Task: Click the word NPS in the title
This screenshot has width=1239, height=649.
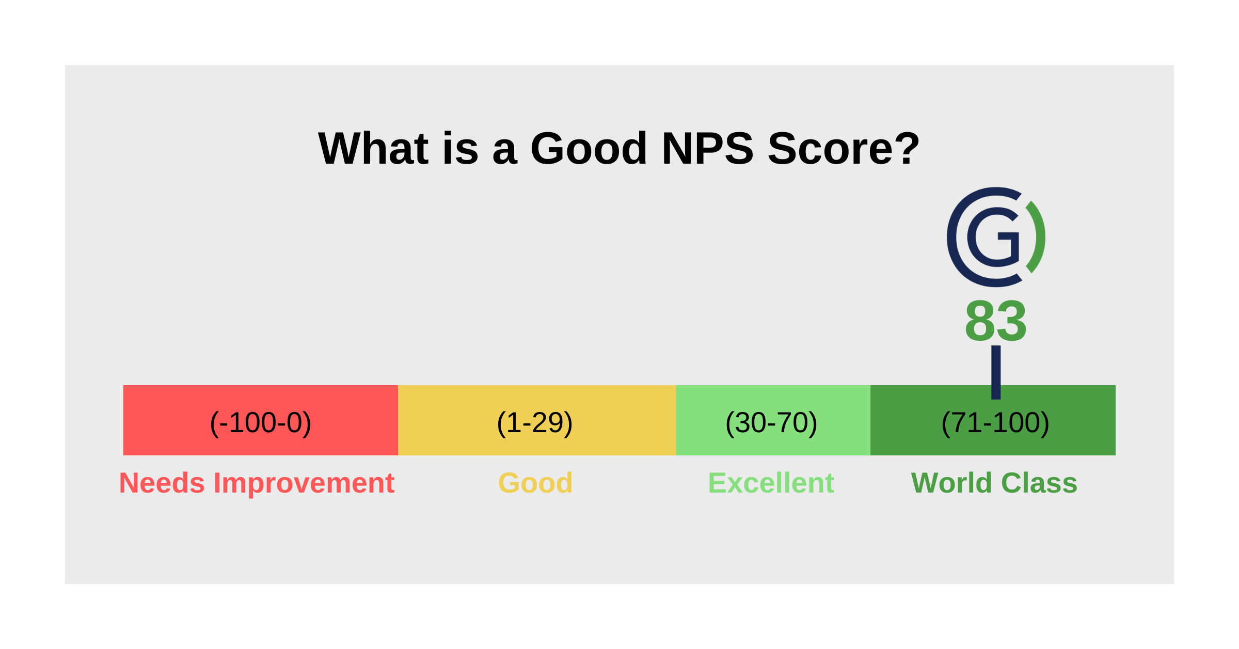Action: click(x=707, y=149)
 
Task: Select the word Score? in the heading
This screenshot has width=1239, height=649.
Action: click(x=844, y=149)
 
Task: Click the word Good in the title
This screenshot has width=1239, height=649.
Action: click(x=589, y=149)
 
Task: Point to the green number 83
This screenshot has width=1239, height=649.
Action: click(x=995, y=321)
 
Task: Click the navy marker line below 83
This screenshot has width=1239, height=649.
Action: click(x=996, y=372)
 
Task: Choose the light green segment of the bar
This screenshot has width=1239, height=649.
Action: click(x=702, y=420)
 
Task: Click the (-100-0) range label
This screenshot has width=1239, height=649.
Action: click(x=261, y=423)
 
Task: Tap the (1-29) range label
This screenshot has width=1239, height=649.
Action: click(x=534, y=423)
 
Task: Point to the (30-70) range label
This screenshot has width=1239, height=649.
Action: click(x=771, y=423)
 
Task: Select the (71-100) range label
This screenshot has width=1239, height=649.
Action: click(x=995, y=423)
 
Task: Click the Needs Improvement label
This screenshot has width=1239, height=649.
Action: click(x=257, y=483)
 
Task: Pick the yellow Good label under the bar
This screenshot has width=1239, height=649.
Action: click(x=535, y=483)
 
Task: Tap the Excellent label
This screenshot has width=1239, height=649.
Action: click(x=771, y=483)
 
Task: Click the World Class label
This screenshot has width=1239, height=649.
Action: click(x=994, y=483)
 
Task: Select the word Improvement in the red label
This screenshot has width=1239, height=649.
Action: click(x=304, y=483)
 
